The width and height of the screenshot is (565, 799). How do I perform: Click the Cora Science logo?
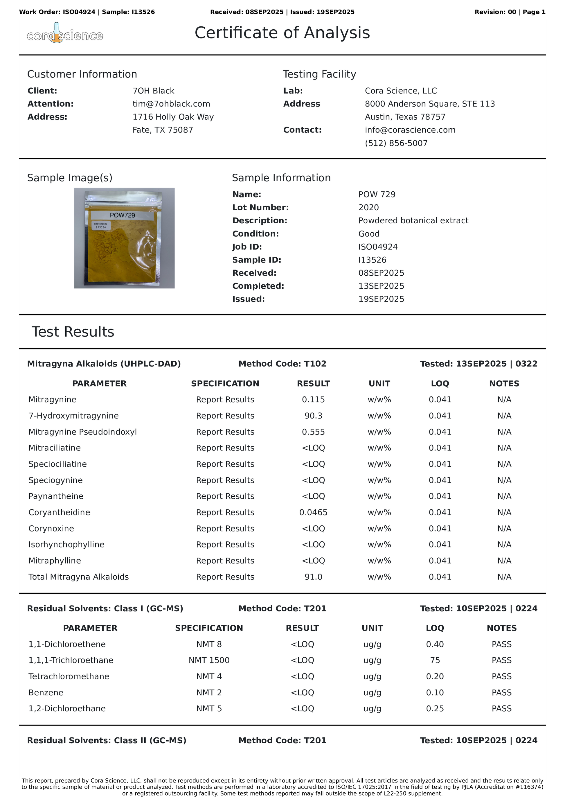click(x=65, y=34)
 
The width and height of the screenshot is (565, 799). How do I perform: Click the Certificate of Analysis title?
click(x=282, y=33)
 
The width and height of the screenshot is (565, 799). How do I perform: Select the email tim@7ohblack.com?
click(x=171, y=104)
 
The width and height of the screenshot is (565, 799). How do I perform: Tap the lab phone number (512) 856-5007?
click(x=396, y=143)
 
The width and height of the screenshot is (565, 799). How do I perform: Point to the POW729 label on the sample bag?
click(x=122, y=215)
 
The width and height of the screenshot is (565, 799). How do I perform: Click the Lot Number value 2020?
click(x=368, y=207)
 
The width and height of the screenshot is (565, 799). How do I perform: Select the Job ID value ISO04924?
click(x=378, y=247)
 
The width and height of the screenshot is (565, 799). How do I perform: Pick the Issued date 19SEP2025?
click(x=381, y=299)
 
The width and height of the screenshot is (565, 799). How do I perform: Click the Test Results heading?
click(x=73, y=332)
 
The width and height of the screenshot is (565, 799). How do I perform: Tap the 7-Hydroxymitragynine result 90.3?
click(x=313, y=416)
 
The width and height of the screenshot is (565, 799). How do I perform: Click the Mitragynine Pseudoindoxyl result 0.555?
click(x=313, y=432)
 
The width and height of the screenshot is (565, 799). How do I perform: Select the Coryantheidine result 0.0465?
click(x=313, y=512)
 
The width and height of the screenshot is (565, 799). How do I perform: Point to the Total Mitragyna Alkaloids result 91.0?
click(x=313, y=577)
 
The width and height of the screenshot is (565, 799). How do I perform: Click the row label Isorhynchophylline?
click(x=66, y=544)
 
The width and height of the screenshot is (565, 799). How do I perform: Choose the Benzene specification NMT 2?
click(x=209, y=692)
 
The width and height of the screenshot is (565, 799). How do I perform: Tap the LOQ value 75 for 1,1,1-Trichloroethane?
click(x=435, y=660)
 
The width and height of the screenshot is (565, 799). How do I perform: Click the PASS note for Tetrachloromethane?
click(x=501, y=676)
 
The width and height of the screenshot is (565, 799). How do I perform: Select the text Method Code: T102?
click(x=282, y=364)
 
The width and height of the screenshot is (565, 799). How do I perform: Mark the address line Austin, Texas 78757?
click(x=405, y=117)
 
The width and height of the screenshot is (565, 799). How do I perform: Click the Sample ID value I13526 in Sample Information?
click(x=372, y=260)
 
